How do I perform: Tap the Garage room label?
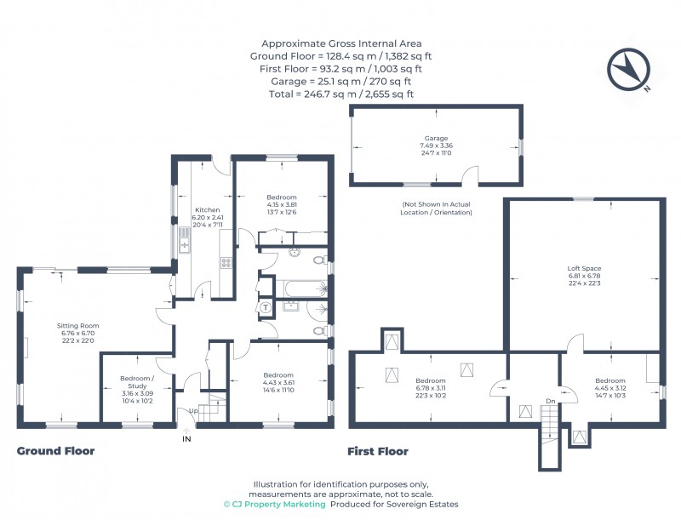[437, 138]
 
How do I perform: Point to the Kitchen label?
[208, 210]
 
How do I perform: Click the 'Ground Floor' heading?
[55, 451]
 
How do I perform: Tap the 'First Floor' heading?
[378, 451]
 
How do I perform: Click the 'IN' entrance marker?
[186, 439]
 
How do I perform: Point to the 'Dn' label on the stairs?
[551, 401]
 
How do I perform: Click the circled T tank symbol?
[266, 307]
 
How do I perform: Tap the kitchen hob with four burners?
[226, 263]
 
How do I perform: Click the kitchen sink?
[185, 246]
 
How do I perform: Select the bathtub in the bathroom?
[298, 285]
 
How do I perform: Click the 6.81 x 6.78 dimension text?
[583, 277]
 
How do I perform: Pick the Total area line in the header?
[340, 94]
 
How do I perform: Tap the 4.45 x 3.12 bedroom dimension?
[609, 389]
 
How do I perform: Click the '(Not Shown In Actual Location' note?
[436, 204]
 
